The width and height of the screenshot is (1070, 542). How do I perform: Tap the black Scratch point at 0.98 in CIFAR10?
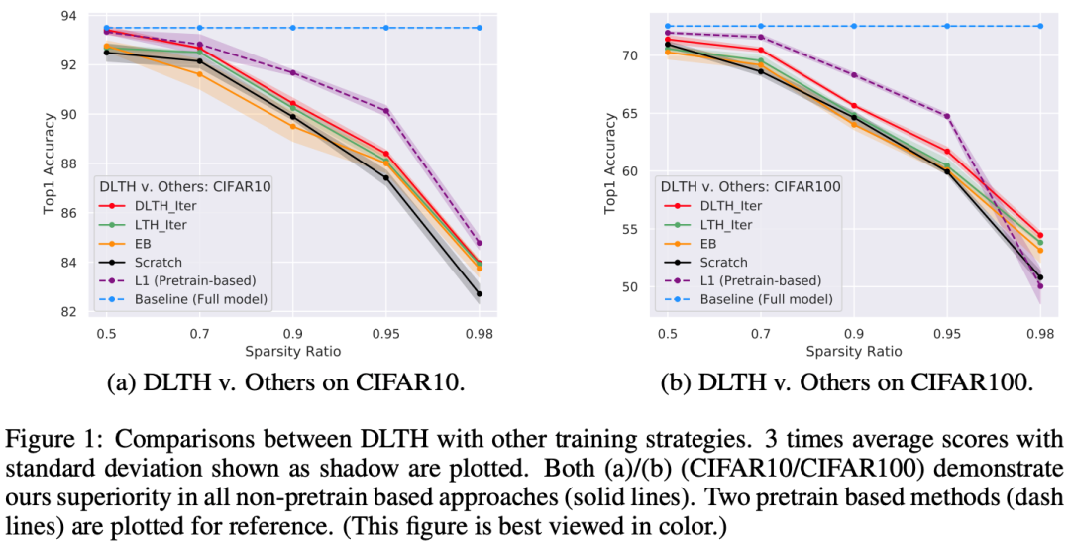click(479, 293)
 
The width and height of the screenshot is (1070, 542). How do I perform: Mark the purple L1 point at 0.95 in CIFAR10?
click(385, 111)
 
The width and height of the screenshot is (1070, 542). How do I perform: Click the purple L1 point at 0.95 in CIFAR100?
click(947, 116)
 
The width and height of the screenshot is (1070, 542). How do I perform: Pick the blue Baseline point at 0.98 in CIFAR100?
click(1040, 26)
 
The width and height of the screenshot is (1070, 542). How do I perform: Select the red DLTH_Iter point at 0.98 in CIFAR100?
click(1040, 235)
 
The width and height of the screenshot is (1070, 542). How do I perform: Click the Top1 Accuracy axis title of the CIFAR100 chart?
click(611, 164)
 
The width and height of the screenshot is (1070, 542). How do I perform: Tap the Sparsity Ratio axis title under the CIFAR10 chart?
click(292, 350)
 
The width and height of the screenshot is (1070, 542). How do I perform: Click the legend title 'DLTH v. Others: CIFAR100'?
click(750, 185)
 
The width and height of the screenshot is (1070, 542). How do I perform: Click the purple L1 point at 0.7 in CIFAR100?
click(761, 37)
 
